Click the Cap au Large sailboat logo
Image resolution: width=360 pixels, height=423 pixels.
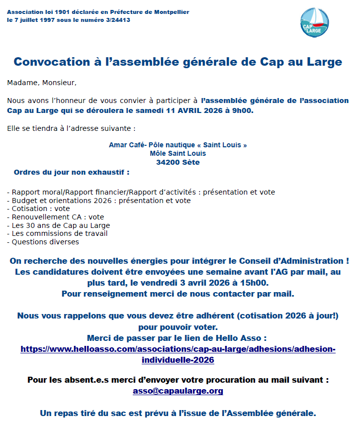(315, 22)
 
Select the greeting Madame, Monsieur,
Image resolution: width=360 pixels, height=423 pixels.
(42, 82)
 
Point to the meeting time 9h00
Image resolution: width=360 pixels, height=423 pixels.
(243, 109)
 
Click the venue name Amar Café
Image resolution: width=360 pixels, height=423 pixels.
(124, 145)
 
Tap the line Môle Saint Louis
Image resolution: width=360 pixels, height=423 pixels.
(178, 154)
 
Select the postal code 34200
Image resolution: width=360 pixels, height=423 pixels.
(168, 162)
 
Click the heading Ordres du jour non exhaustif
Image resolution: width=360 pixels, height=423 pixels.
(71, 173)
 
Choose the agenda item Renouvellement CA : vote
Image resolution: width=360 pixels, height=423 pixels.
(58, 217)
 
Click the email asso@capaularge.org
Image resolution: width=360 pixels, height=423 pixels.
(178, 391)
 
